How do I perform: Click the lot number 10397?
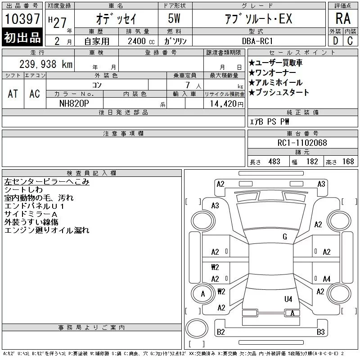tap(22, 18)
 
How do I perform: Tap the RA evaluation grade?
tap(343, 18)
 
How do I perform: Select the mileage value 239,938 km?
tap(46, 64)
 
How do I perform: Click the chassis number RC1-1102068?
tap(302, 143)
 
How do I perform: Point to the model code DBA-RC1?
tap(257, 41)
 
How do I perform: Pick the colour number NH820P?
tap(74, 103)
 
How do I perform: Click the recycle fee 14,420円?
tap(226, 104)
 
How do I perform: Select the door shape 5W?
tap(174, 18)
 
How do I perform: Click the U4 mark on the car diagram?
tap(288, 299)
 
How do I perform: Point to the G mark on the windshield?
tap(285, 237)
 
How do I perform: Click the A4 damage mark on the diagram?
tap(327, 279)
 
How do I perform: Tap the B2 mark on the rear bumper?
tap(220, 332)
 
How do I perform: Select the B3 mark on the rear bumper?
tap(321, 332)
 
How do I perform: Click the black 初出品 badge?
tap(22, 37)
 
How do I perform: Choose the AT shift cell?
tap(13, 94)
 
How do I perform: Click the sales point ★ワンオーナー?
tap(272, 73)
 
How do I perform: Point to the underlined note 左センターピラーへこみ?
tap(47, 182)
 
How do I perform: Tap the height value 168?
tap(348, 162)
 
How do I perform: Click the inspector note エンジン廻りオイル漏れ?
tap(47, 230)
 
